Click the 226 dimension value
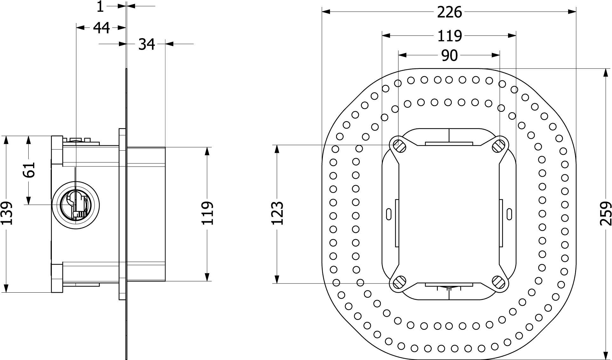click(x=449, y=13)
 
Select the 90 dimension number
click(x=449, y=56)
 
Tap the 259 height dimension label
click(x=605, y=214)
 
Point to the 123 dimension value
click(x=278, y=213)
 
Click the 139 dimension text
click(x=6, y=213)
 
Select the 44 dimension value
click(x=101, y=28)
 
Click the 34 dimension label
click(x=147, y=44)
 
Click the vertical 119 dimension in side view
click(x=207, y=213)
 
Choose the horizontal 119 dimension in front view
click(x=449, y=36)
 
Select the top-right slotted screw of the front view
click(x=499, y=146)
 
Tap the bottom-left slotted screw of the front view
click(x=399, y=282)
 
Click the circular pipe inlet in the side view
click(x=75, y=205)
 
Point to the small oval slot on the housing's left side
click(x=389, y=213)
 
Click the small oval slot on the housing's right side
click(x=509, y=213)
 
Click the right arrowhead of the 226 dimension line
click(x=572, y=12)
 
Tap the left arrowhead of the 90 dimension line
click(x=402, y=55)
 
